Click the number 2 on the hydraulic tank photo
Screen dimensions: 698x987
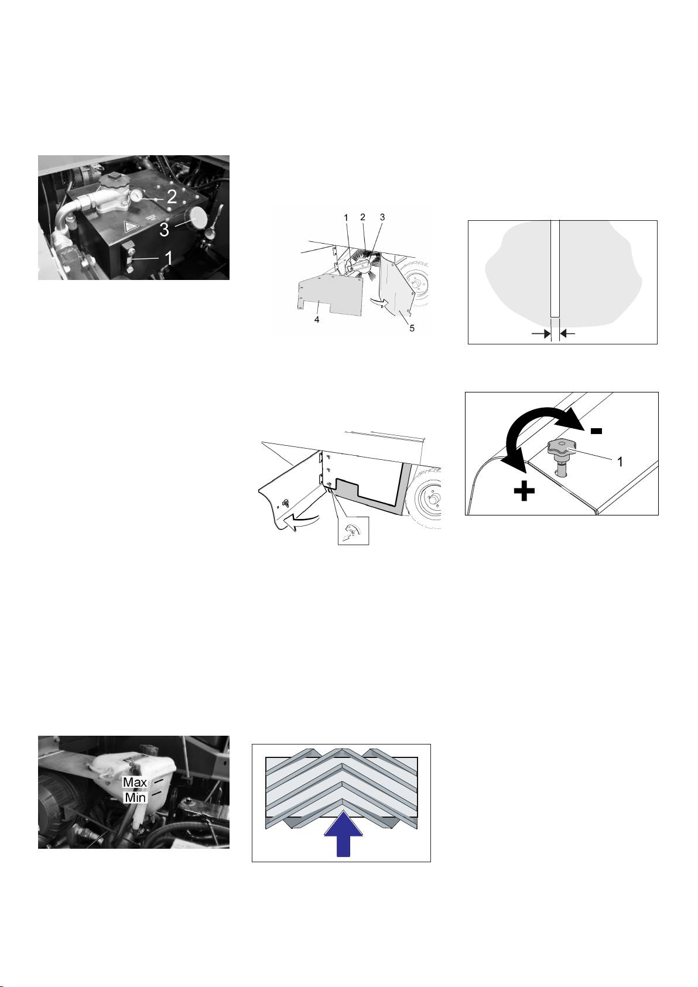pos(172,196)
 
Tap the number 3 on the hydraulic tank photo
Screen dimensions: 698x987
pos(165,229)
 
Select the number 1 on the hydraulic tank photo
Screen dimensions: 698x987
pos(168,258)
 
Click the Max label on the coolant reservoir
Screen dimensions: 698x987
pos(135,782)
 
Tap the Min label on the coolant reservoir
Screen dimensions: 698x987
pos(136,797)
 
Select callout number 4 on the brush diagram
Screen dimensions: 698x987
pos(317,320)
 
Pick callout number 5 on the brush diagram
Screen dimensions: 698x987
pos(412,328)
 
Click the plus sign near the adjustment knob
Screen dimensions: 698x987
pos(525,491)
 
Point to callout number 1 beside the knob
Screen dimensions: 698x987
pos(620,462)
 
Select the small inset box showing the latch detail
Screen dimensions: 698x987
pos(354,530)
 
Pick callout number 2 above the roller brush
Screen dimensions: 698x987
pos(363,217)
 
